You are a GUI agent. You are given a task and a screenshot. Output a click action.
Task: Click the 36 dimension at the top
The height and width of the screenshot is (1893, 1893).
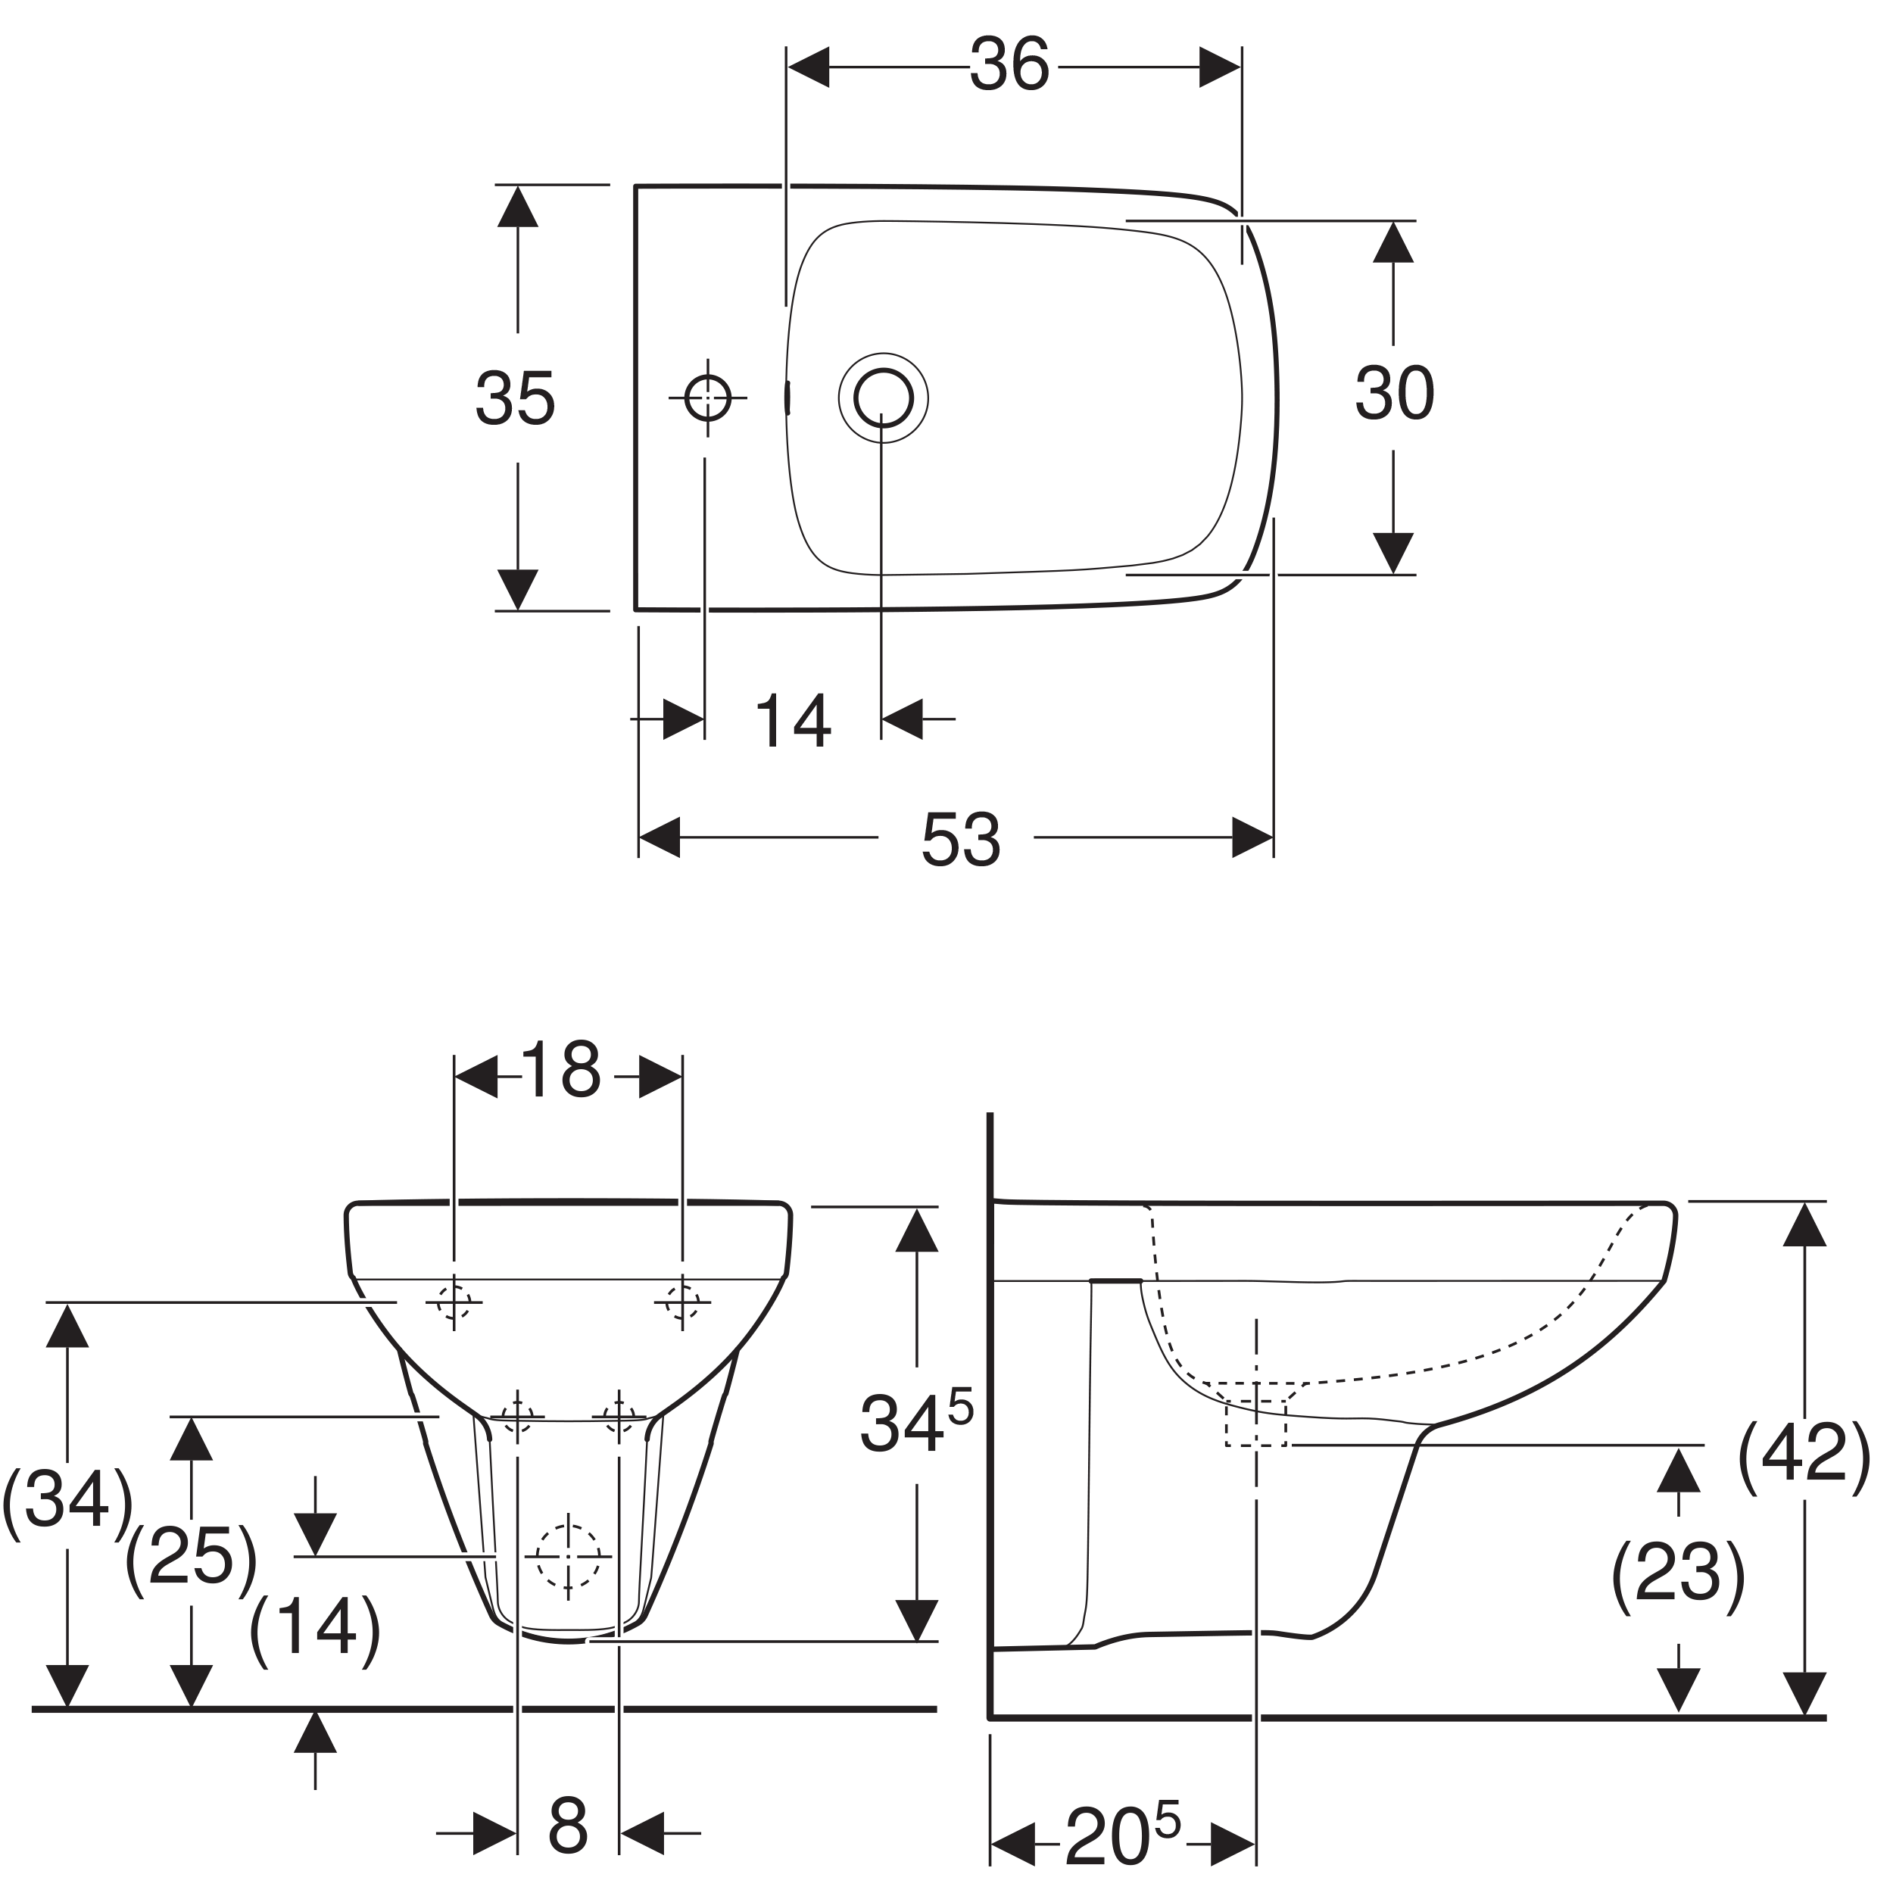coord(1009,67)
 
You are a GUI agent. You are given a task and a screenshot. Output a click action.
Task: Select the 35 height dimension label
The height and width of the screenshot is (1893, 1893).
coord(516,399)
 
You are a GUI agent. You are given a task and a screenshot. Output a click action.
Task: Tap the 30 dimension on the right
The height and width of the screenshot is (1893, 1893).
coord(1394,394)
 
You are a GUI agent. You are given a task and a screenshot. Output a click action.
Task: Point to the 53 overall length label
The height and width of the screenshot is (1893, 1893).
coord(960,840)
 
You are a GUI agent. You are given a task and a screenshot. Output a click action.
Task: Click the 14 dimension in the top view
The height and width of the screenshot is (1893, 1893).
coord(793,722)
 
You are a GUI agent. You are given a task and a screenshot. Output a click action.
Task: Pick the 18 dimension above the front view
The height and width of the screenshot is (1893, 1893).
coord(560,1070)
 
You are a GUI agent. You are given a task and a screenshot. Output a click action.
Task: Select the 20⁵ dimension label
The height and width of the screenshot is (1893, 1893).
coord(1123,1834)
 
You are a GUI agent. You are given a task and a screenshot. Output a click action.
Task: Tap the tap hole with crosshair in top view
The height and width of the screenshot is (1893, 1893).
coord(707,398)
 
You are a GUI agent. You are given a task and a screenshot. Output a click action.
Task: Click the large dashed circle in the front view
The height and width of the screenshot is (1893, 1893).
coord(567,1556)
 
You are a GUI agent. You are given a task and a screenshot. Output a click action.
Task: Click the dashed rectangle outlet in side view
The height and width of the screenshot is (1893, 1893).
coord(1255,1424)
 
